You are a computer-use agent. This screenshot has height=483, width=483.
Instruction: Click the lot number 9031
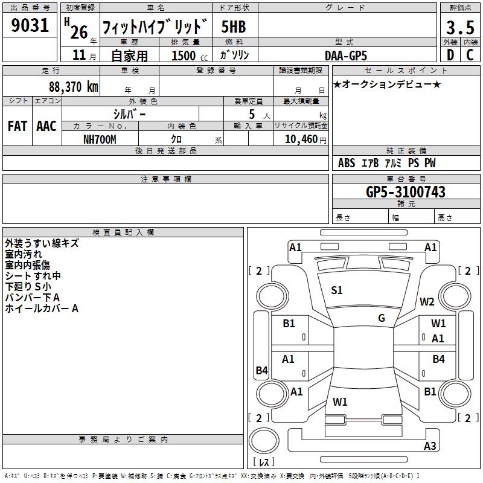(30, 26)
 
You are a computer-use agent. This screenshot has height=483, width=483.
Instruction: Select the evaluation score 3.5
(459, 28)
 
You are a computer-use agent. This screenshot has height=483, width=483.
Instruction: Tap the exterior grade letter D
(450, 55)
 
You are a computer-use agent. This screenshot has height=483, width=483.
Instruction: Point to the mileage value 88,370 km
(74, 86)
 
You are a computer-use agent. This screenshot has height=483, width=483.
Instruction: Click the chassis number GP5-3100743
(406, 192)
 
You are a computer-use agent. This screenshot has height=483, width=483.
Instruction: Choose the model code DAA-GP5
(346, 56)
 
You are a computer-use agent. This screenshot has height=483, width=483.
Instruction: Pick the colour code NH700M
(100, 139)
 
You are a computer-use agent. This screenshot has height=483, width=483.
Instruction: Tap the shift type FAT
(17, 126)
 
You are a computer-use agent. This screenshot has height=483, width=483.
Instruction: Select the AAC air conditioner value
(46, 126)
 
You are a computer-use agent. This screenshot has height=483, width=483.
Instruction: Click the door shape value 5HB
(234, 27)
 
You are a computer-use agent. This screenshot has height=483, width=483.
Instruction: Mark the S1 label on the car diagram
(337, 290)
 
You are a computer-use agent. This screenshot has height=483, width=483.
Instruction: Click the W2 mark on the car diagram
(427, 302)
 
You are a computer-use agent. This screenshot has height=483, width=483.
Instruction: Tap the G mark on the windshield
(382, 318)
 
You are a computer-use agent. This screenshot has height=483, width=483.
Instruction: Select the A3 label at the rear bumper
(430, 446)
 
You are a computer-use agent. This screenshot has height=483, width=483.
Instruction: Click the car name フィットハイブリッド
(155, 27)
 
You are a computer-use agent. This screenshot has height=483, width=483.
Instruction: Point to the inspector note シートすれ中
(33, 276)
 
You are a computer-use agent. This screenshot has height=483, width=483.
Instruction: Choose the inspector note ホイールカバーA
(42, 309)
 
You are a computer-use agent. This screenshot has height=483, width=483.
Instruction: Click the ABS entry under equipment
(347, 163)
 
